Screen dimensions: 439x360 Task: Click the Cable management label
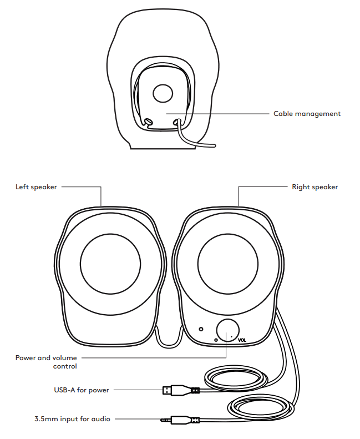[x=307, y=114]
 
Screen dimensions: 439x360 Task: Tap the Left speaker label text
[x=36, y=187]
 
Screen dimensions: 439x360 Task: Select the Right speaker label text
[x=315, y=187]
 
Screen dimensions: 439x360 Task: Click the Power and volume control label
[x=46, y=362]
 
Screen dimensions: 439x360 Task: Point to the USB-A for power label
[x=78, y=390]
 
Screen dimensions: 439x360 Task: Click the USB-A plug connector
[x=169, y=390]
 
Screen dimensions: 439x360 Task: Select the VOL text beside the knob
[x=242, y=340]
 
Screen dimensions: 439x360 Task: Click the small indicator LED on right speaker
[x=201, y=328]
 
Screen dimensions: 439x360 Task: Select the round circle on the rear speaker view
[x=163, y=93]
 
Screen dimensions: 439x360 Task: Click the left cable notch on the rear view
[x=148, y=120]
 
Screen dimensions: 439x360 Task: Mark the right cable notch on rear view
[x=178, y=120]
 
